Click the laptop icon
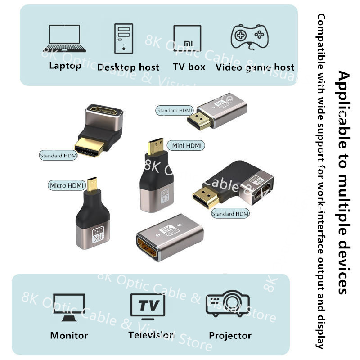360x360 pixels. (x=65, y=38)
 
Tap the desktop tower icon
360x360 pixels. (x=124, y=38)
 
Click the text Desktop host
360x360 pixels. (x=128, y=67)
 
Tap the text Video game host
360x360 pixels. (x=255, y=67)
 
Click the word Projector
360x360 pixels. (x=230, y=335)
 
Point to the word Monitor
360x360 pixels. (x=69, y=335)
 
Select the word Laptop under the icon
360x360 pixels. (x=65, y=66)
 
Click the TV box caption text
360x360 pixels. (x=189, y=67)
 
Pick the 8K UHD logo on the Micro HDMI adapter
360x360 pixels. (x=97, y=235)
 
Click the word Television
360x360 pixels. (x=151, y=335)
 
